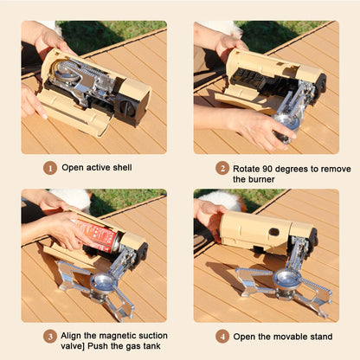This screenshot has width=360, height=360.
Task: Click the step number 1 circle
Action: point(51,168)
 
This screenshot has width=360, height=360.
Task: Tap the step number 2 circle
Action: point(223,168)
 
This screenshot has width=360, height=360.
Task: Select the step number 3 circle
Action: point(51,336)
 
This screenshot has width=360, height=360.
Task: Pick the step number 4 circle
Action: point(223,336)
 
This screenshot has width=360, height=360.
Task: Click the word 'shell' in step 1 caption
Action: point(120,168)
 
